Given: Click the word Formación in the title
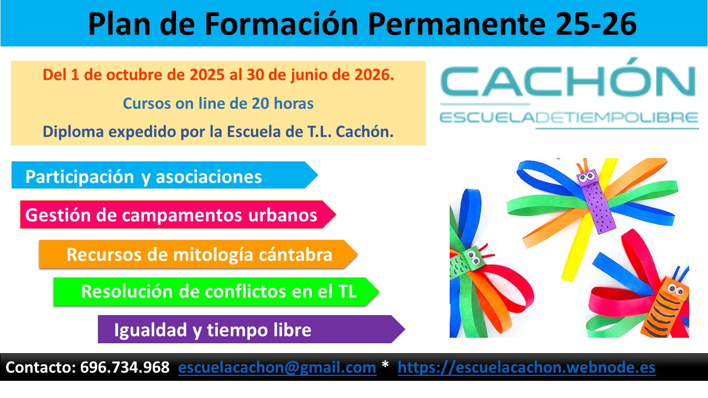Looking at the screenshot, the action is click(x=282, y=24).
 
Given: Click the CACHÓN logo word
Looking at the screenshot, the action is click(x=568, y=77).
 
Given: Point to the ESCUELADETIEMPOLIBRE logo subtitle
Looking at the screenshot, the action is click(x=569, y=118).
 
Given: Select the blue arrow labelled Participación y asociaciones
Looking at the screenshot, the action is click(x=164, y=175).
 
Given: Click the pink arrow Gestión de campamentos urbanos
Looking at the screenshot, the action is click(x=178, y=214).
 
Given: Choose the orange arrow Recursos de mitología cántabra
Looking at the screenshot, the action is click(x=198, y=254).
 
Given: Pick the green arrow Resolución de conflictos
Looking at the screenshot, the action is click(x=216, y=291).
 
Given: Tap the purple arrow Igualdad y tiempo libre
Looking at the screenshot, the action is click(x=251, y=329).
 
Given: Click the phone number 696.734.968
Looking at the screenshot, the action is click(x=125, y=368).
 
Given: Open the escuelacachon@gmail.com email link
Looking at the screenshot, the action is click(x=277, y=368).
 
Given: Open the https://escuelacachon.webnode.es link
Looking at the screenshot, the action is click(x=527, y=368).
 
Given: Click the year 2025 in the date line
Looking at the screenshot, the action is click(x=207, y=75).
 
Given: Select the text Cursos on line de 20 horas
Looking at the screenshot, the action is click(x=218, y=103).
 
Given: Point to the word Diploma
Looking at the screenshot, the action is click(x=73, y=132).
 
